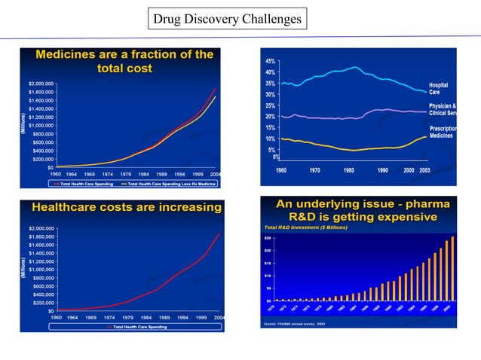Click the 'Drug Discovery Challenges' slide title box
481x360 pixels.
pos(227,18)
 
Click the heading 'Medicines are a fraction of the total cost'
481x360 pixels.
pos(124,61)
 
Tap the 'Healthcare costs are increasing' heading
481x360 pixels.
pos(124,207)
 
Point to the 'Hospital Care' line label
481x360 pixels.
pos(439,89)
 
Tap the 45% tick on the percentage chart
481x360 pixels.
pos(269,60)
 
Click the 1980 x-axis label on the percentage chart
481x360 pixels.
pos(349,171)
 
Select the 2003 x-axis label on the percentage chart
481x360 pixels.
pos(425,171)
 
